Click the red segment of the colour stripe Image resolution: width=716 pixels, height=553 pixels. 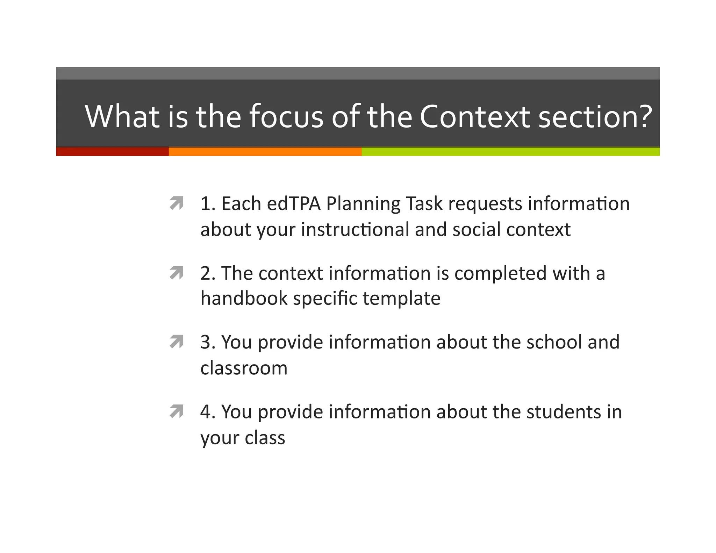tap(112, 152)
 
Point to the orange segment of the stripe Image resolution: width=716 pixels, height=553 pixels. tap(265, 152)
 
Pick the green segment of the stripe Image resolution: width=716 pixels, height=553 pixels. tap(510, 152)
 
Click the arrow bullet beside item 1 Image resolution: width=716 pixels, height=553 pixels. tap(177, 203)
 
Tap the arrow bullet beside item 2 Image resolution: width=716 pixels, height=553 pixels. tap(177, 273)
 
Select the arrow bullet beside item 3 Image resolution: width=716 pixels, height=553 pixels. tap(177, 342)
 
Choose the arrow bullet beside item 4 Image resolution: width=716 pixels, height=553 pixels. tap(177, 411)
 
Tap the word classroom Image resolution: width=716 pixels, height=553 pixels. tap(244, 368)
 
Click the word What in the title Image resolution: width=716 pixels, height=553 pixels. tap(122, 116)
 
